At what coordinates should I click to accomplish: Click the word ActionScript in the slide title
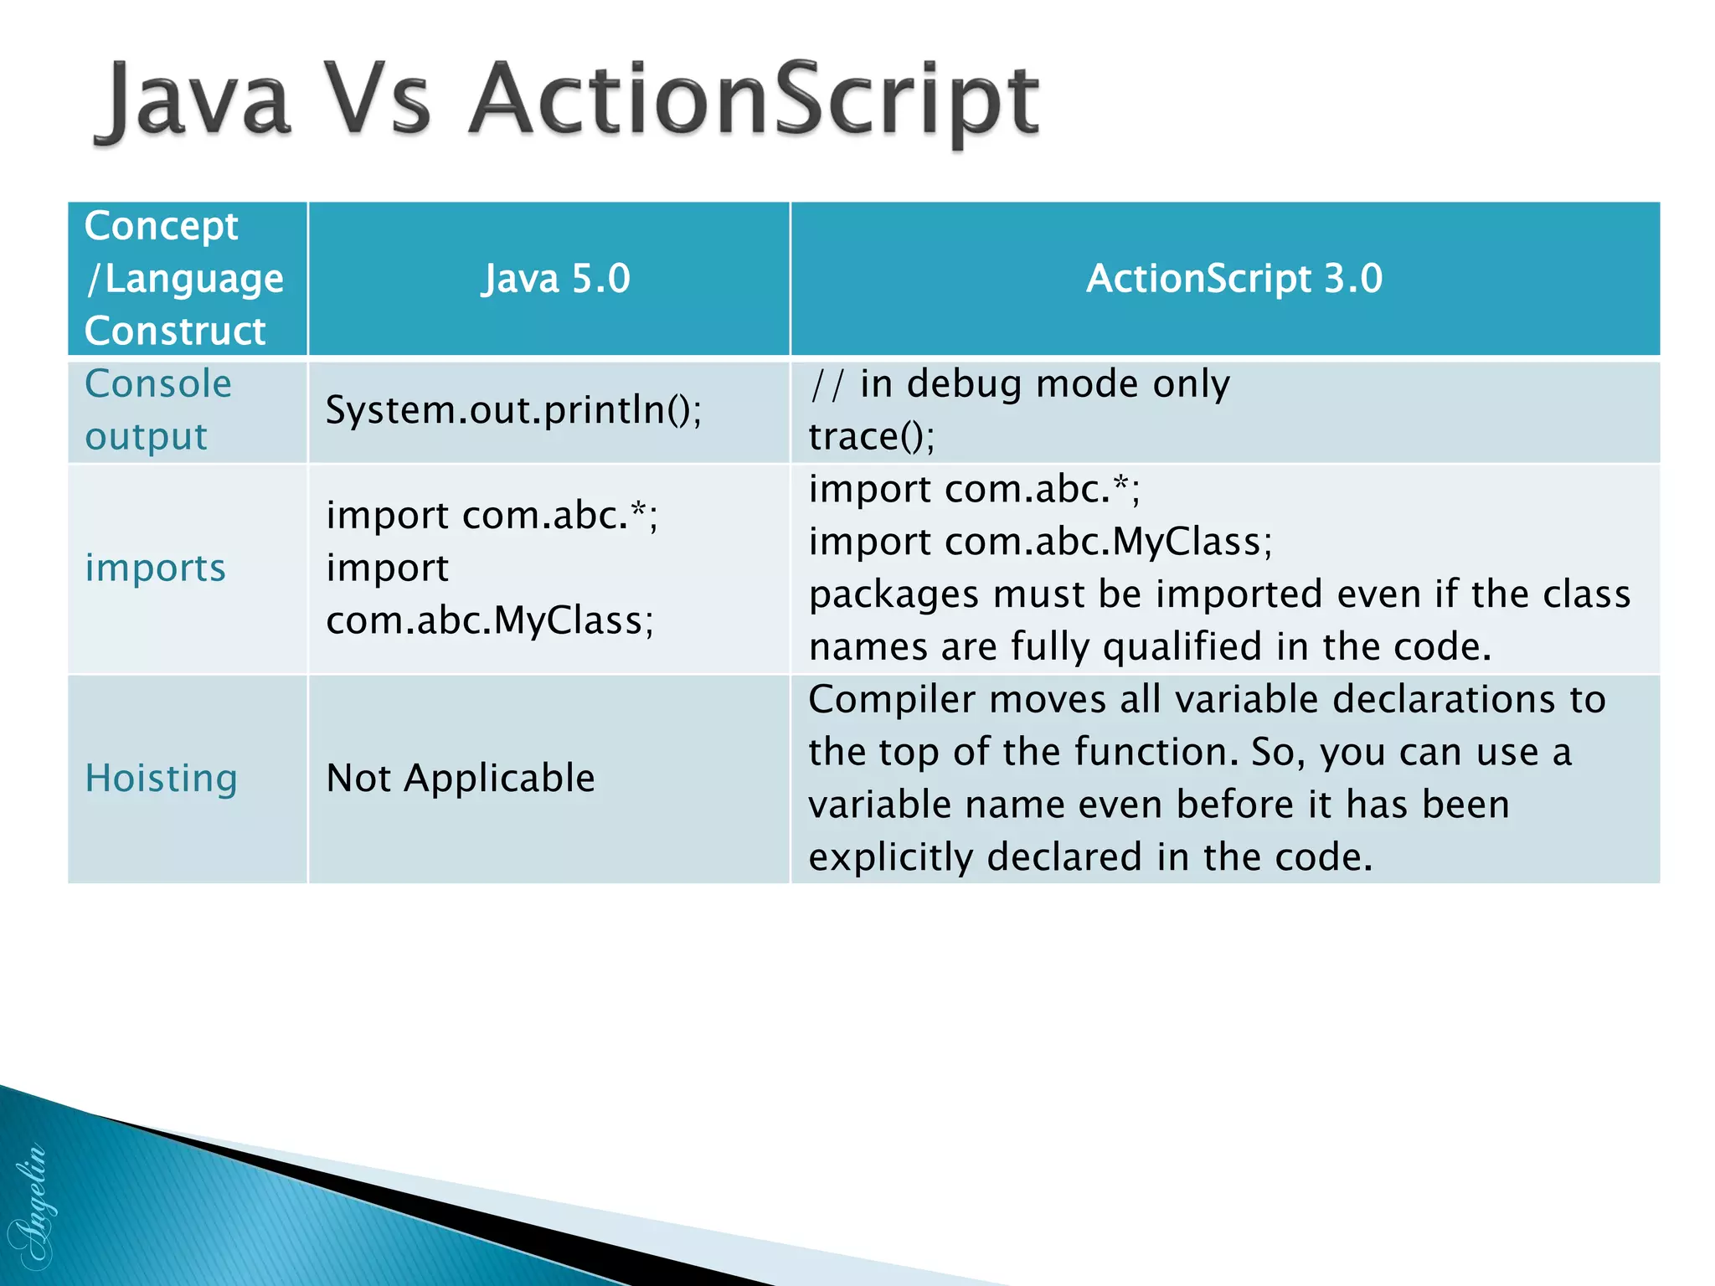pos(754,102)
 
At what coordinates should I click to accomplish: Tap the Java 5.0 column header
pos(555,279)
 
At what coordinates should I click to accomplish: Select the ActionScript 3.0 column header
pos(1233,279)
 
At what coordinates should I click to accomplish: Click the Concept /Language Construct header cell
pos(184,279)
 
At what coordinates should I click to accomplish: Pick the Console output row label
pos(157,410)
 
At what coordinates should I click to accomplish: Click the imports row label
pos(156,568)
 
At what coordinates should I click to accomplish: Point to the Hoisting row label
pos(162,779)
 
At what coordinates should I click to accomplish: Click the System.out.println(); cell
pos(513,410)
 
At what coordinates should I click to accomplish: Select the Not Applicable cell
pos(460,779)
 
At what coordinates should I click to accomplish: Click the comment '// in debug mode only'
pos(1019,384)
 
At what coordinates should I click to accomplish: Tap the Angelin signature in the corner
pos(29,1206)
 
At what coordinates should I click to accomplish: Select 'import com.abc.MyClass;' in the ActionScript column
pos(1040,542)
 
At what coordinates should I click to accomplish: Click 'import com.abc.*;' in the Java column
pos(492,516)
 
